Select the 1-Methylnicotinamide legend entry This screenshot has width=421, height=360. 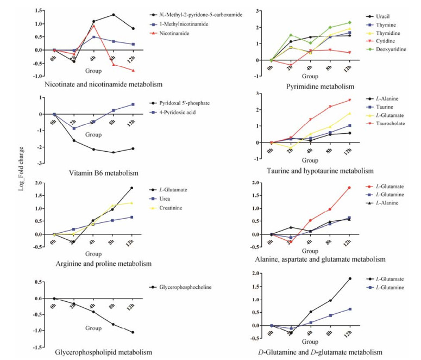(x=185, y=24)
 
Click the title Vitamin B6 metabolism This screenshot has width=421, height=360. (x=103, y=173)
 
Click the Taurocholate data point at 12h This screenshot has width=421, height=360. (x=350, y=100)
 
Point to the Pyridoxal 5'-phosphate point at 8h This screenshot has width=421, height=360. (x=113, y=152)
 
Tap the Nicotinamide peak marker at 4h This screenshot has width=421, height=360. (x=93, y=26)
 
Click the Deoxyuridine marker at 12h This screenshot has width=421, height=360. (x=350, y=22)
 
